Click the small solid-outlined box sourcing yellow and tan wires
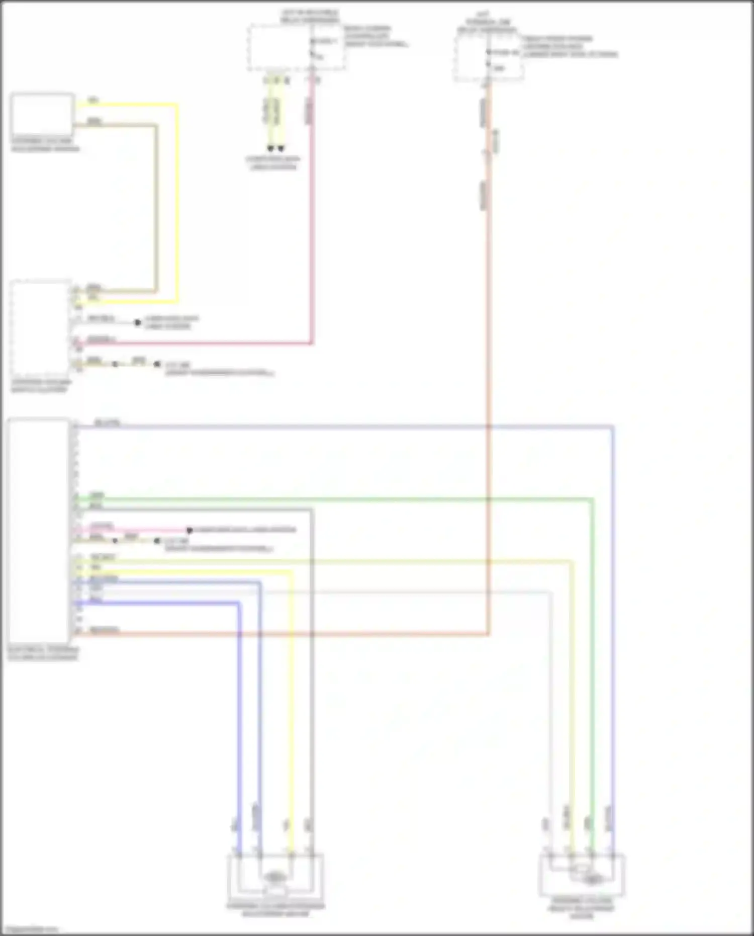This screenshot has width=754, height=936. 42,115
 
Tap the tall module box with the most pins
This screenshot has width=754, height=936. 38,531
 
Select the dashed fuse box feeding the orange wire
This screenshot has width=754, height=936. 488,58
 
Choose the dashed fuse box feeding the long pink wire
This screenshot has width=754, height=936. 296,48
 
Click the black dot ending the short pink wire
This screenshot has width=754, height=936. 190,530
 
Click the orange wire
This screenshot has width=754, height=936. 488,352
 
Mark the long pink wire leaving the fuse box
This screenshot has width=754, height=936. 312,226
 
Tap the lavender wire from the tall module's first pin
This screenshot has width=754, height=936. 352,427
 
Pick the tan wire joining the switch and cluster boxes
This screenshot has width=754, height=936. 156,211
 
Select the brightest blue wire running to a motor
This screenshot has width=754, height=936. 238,729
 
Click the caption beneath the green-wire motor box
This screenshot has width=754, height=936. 582,908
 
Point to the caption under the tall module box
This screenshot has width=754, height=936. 43,653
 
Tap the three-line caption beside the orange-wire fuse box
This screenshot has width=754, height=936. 570,46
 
